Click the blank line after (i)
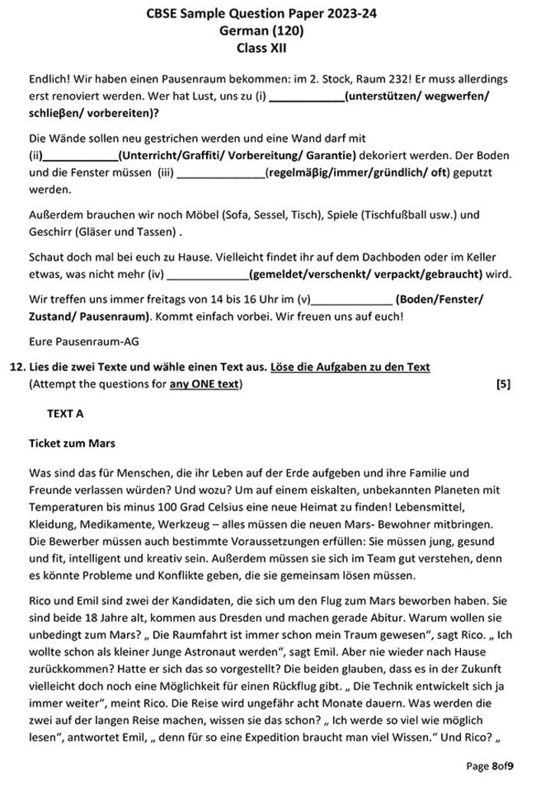pyautogui.click(x=307, y=96)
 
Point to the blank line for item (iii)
pyautogui.click(x=221, y=174)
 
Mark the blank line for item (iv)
pyautogui.click(x=208, y=274)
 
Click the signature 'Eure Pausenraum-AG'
pyautogui.click(x=79, y=341)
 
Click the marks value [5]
pyautogui.click(x=503, y=384)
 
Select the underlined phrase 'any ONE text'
pyautogui.click(x=204, y=384)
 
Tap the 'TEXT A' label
pyautogui.click(x=65, y=413)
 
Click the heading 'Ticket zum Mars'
pyautogui.click(x=72, y=442)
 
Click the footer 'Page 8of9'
pyautogui.click(x=490, y=765)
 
